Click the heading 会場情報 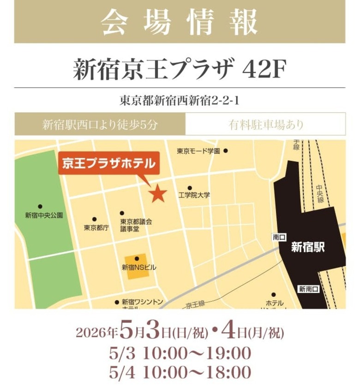[x=180, y=21]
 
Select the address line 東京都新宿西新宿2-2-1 [x=180, y=100]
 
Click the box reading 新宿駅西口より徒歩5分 [x=100, y=124]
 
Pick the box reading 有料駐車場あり [x=265, y=124]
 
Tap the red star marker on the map [x=158, y=193]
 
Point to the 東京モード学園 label [x=198, y=151]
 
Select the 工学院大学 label [x=194, y=195]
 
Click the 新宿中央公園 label [x=44, y=215]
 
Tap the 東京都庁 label [x=96, y=227]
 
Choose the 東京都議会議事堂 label [x=136, y=225]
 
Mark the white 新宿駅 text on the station [x=307, y=248]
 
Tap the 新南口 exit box [x=308, y=289]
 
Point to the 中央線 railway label [x=319, y=194]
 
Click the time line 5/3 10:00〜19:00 [x=180, y=353]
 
